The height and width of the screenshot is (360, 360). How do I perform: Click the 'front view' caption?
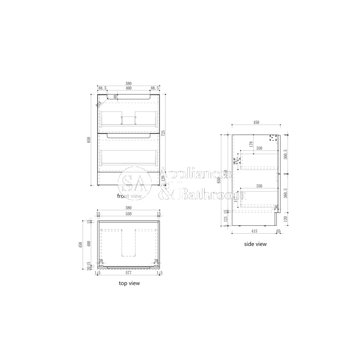130,196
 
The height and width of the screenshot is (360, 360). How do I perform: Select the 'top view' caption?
129,283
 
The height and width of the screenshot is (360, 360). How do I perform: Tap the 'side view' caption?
255,244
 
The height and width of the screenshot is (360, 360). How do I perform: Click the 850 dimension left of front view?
89,140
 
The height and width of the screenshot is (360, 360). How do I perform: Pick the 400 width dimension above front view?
129,88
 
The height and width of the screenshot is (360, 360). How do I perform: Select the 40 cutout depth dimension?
115,97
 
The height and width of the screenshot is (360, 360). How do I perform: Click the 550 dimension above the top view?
129,214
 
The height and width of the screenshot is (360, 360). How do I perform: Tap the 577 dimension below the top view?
129,273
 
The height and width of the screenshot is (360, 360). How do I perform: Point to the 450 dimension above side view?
256,122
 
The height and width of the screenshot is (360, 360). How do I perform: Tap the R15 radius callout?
99,104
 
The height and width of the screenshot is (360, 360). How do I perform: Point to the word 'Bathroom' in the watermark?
212,195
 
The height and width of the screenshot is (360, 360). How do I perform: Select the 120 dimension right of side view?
285,219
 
